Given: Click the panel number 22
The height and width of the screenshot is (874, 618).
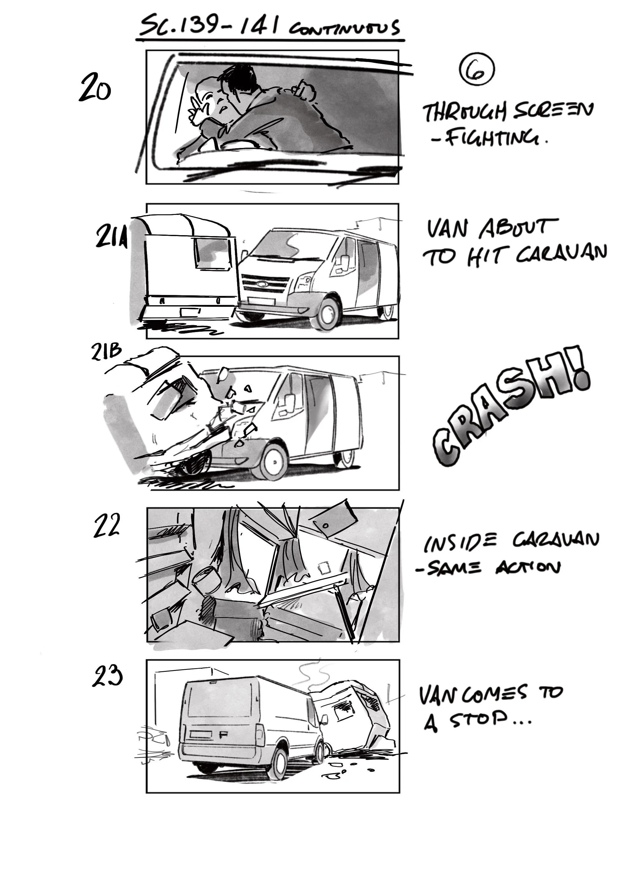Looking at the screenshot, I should point(106,525).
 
